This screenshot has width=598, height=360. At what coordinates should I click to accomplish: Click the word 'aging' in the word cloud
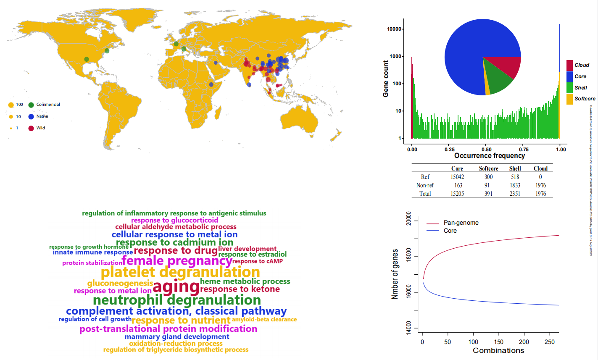[176, 287]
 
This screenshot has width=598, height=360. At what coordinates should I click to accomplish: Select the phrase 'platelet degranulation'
[180, 272]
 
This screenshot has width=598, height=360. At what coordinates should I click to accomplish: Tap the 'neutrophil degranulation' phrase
[177, 300]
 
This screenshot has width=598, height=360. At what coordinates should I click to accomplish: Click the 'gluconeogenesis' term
[120, 283]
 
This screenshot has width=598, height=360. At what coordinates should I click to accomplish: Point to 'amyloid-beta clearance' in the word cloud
[264, 319]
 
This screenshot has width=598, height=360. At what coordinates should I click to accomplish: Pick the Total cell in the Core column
[457, 194]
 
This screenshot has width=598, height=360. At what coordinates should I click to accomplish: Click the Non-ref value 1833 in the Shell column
[515, 185]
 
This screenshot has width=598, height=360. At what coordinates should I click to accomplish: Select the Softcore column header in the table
[488, 168]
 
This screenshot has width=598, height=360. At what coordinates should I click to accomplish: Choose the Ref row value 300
[488, 177]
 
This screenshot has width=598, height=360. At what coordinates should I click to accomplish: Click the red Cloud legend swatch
[569, 65]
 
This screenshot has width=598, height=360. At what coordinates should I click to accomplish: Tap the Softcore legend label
[585, 99]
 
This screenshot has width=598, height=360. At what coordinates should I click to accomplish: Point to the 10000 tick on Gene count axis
[394, 29]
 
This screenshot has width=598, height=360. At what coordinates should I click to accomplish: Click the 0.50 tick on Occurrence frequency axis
[487, 149]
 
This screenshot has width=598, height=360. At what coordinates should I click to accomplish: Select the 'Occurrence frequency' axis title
[490, 156]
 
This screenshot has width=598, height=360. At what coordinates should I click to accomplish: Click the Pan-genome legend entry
[461, 223]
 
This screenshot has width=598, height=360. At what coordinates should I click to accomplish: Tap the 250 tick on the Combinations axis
[549, 342]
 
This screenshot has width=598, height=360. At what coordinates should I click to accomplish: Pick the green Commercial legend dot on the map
[31, 105]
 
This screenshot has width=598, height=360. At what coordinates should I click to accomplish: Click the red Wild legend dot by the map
[31, 128]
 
